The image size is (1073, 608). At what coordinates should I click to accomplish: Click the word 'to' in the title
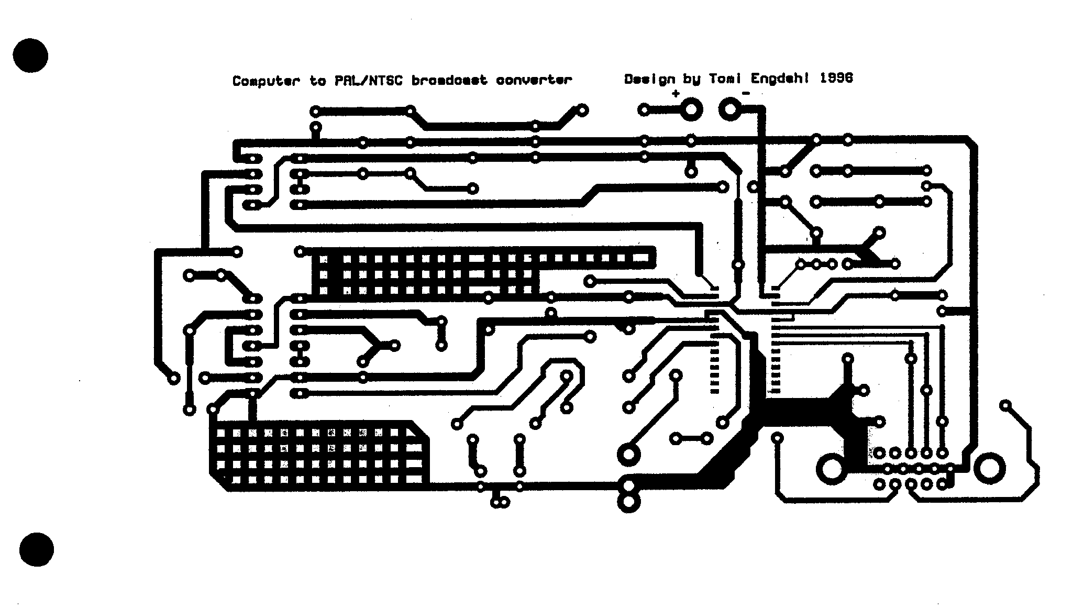317,81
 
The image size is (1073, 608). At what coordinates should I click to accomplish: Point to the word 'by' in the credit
691,80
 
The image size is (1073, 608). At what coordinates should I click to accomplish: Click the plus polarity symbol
676,94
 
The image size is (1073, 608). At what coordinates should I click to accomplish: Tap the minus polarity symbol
746,94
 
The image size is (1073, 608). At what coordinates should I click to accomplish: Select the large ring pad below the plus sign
691,110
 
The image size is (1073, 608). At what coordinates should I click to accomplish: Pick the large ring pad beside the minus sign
729,110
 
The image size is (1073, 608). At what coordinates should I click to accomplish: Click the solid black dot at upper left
31,55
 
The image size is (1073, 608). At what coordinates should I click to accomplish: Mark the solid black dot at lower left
37,549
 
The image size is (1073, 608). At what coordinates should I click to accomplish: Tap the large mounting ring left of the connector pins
831,469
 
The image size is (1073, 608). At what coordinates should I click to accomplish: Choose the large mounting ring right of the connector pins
989,469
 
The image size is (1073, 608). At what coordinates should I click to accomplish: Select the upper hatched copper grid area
424,275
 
